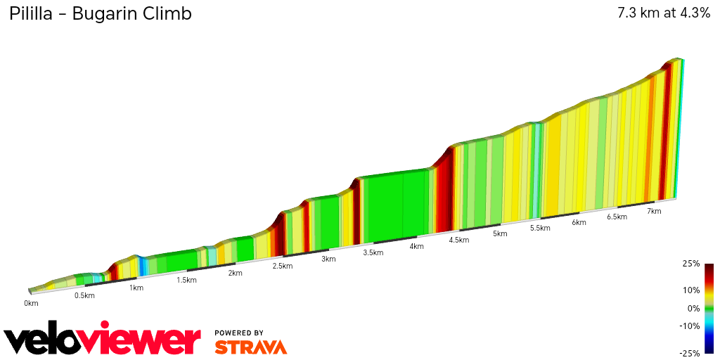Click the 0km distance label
click(x=31, y=303)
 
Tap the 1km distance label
click(x=136, y=288)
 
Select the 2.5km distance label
click(x=283, y=266)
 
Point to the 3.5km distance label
click(x=373, y=252)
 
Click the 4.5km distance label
click(x=458, y=240)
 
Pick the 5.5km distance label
click(x=540, y=228)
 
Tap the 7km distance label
click(x=654, y=211)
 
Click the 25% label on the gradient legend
click(x=692, y=264)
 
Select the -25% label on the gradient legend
click(x=690, y=353)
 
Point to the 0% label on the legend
click(x=693, y=308)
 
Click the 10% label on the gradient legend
click(x=692, y=290)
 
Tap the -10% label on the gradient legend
click(x=690, y=326)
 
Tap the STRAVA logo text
click(x=250, y=347)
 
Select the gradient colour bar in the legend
click(x=709, y=308)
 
